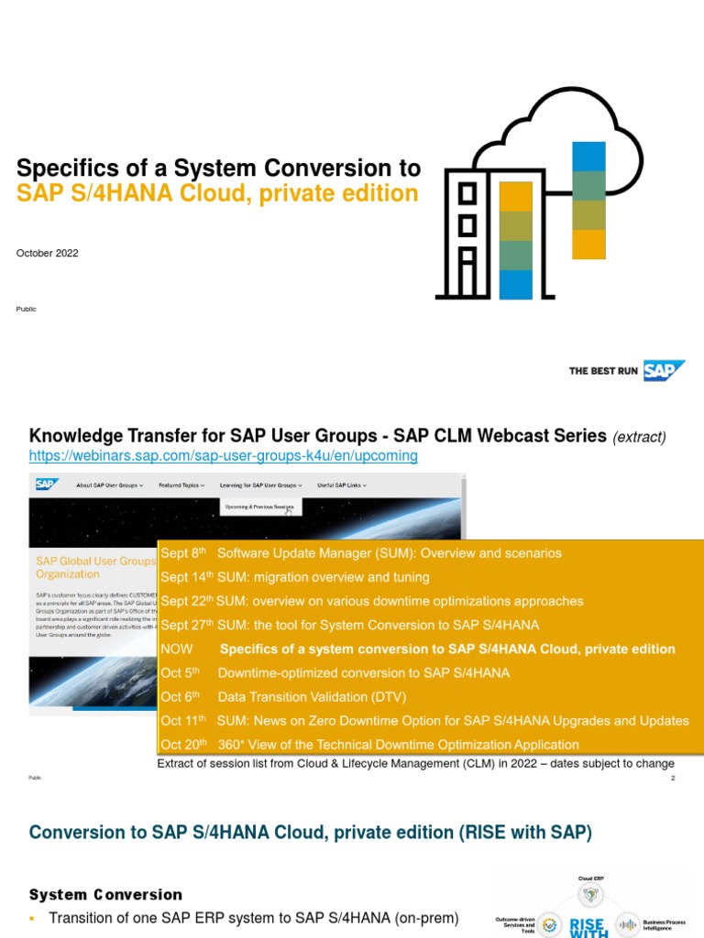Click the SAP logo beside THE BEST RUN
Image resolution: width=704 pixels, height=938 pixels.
(x=664, y=371)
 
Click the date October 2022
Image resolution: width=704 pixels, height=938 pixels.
(x=47, y=253)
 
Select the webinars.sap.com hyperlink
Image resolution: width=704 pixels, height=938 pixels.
(x=223, y=455)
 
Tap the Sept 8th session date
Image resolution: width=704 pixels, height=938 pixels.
(x=184, y=553)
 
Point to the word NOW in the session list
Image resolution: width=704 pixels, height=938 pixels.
(x=177, y=649)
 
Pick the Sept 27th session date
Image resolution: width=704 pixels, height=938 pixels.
(x=186, y=625)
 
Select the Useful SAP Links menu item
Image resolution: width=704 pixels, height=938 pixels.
(x=341, y=485)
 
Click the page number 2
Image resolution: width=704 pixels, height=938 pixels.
(x=672, y=778)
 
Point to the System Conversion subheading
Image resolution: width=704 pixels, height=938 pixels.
(x=105, y=894)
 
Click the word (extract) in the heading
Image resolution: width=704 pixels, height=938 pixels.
(x=639, y=437)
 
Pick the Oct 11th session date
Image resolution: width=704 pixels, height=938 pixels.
(x=183, y=721)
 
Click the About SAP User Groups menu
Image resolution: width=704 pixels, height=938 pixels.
(x=109, y=485)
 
